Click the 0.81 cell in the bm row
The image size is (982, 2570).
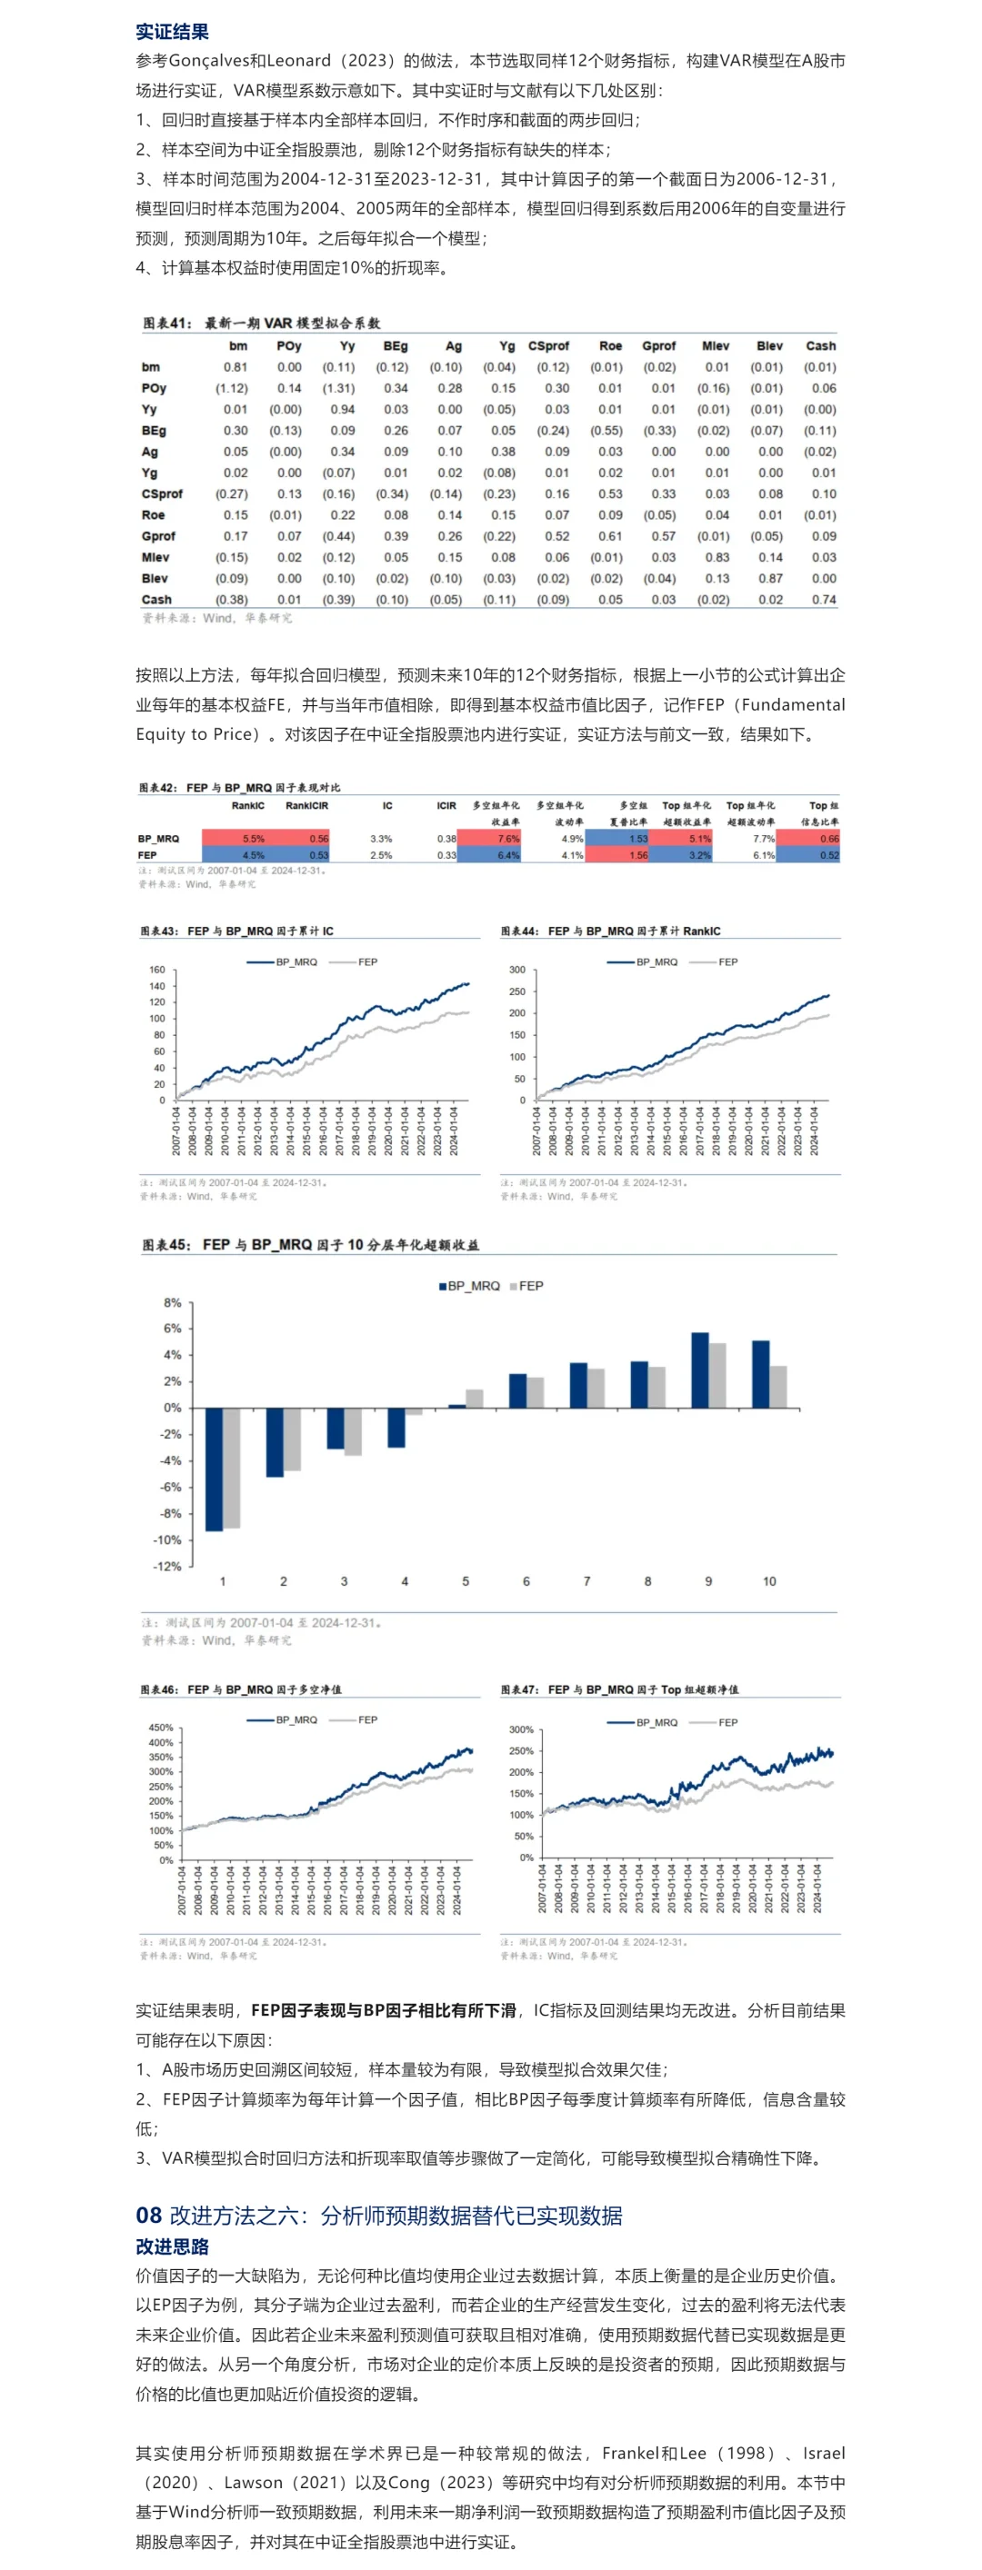235,367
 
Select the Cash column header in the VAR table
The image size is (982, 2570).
820,346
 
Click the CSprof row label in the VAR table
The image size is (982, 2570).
162,493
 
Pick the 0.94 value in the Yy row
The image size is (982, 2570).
342,409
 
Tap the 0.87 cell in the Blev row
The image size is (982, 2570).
769,579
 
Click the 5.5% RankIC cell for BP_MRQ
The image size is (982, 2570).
254,839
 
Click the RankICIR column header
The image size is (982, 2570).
306,806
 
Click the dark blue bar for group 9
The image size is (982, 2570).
699,1370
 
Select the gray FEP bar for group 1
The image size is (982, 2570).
232,1467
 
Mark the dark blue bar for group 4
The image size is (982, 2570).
396,1427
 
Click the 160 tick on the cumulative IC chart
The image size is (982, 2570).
156,970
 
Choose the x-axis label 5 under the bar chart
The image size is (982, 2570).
465,1581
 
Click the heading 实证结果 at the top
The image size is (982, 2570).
172,32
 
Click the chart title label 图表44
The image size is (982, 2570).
520,931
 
